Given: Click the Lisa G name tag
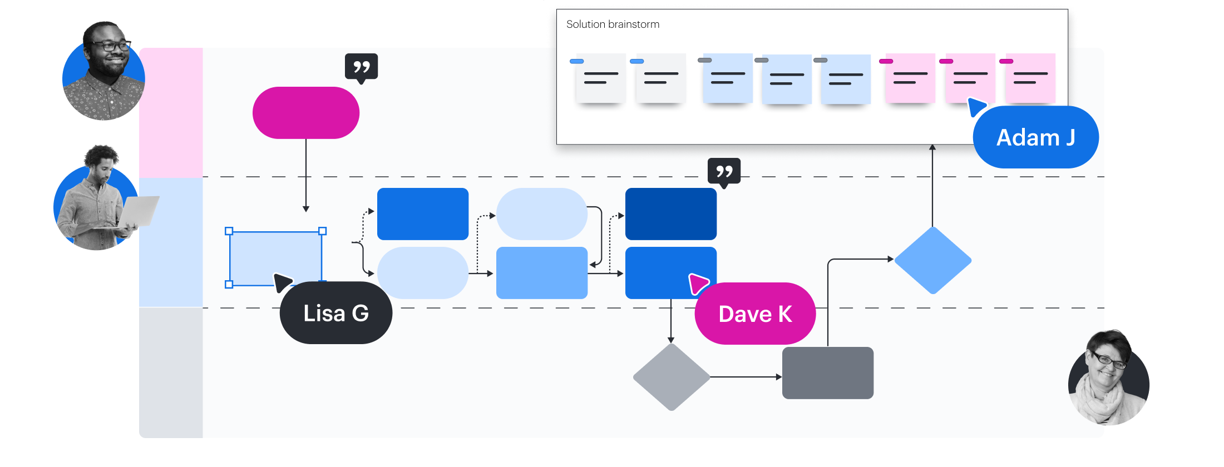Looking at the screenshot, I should (x=336, y=313).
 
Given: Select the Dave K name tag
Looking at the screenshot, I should (x=755, y=314).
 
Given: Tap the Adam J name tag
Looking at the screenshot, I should (x=1035, y=137).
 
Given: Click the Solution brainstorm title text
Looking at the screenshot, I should (x=613, y=24).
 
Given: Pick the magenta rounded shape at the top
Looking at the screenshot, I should (x=306, y=113).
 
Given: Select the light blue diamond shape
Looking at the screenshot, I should (x=933, y=260).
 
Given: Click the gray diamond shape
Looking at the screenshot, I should (x=672, y=377).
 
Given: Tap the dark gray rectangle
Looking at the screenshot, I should (x=828, y=373).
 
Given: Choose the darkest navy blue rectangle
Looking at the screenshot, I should (x=671, y=214).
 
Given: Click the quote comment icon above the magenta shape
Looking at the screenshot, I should (x=362, y=67).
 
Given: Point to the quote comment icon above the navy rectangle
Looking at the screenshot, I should (x=724, y=172).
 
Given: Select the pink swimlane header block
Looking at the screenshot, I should (x=171, y=113).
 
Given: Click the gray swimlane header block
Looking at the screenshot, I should (x=171, y=372).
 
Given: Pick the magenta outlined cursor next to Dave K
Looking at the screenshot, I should (x=698, y=283).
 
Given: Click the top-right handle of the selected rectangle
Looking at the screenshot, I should (x=322, y=231).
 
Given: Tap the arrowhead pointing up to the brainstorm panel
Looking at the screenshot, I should (x=932, y=148).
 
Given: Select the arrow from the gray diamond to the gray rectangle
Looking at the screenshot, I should (x=746, y=377).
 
